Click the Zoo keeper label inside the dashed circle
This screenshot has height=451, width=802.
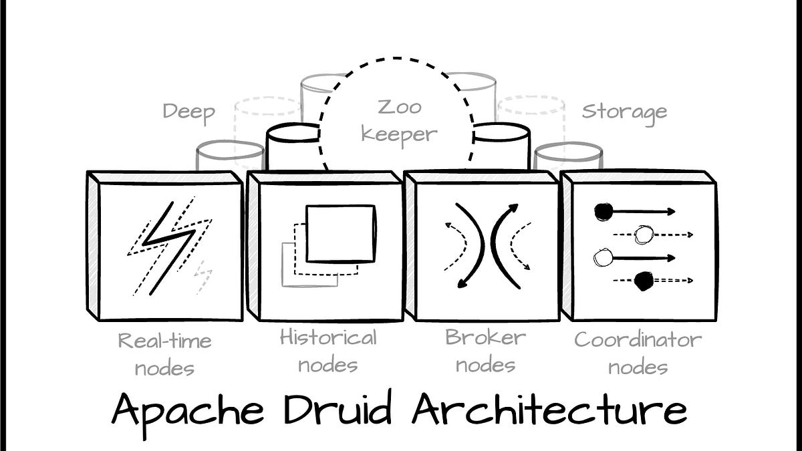(x=399, y=120)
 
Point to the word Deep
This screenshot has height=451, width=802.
(x=188, y=112)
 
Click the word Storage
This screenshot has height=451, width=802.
(x=624, y=112)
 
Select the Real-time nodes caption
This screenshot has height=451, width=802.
(x=164, y=353)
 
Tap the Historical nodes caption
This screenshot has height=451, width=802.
(x=328, y=351)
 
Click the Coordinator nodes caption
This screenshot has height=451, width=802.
(x=638, y=352)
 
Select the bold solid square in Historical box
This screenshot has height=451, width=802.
(x=341, y=233)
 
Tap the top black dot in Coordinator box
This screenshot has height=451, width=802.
(x=604, y=212)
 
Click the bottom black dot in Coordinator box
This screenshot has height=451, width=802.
(x=644, y=281)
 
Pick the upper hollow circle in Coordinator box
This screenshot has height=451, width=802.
(x=644, y=235)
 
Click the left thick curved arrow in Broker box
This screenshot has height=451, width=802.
(x=468, y=246)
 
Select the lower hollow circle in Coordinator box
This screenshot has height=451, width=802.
(x=603, y=257)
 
